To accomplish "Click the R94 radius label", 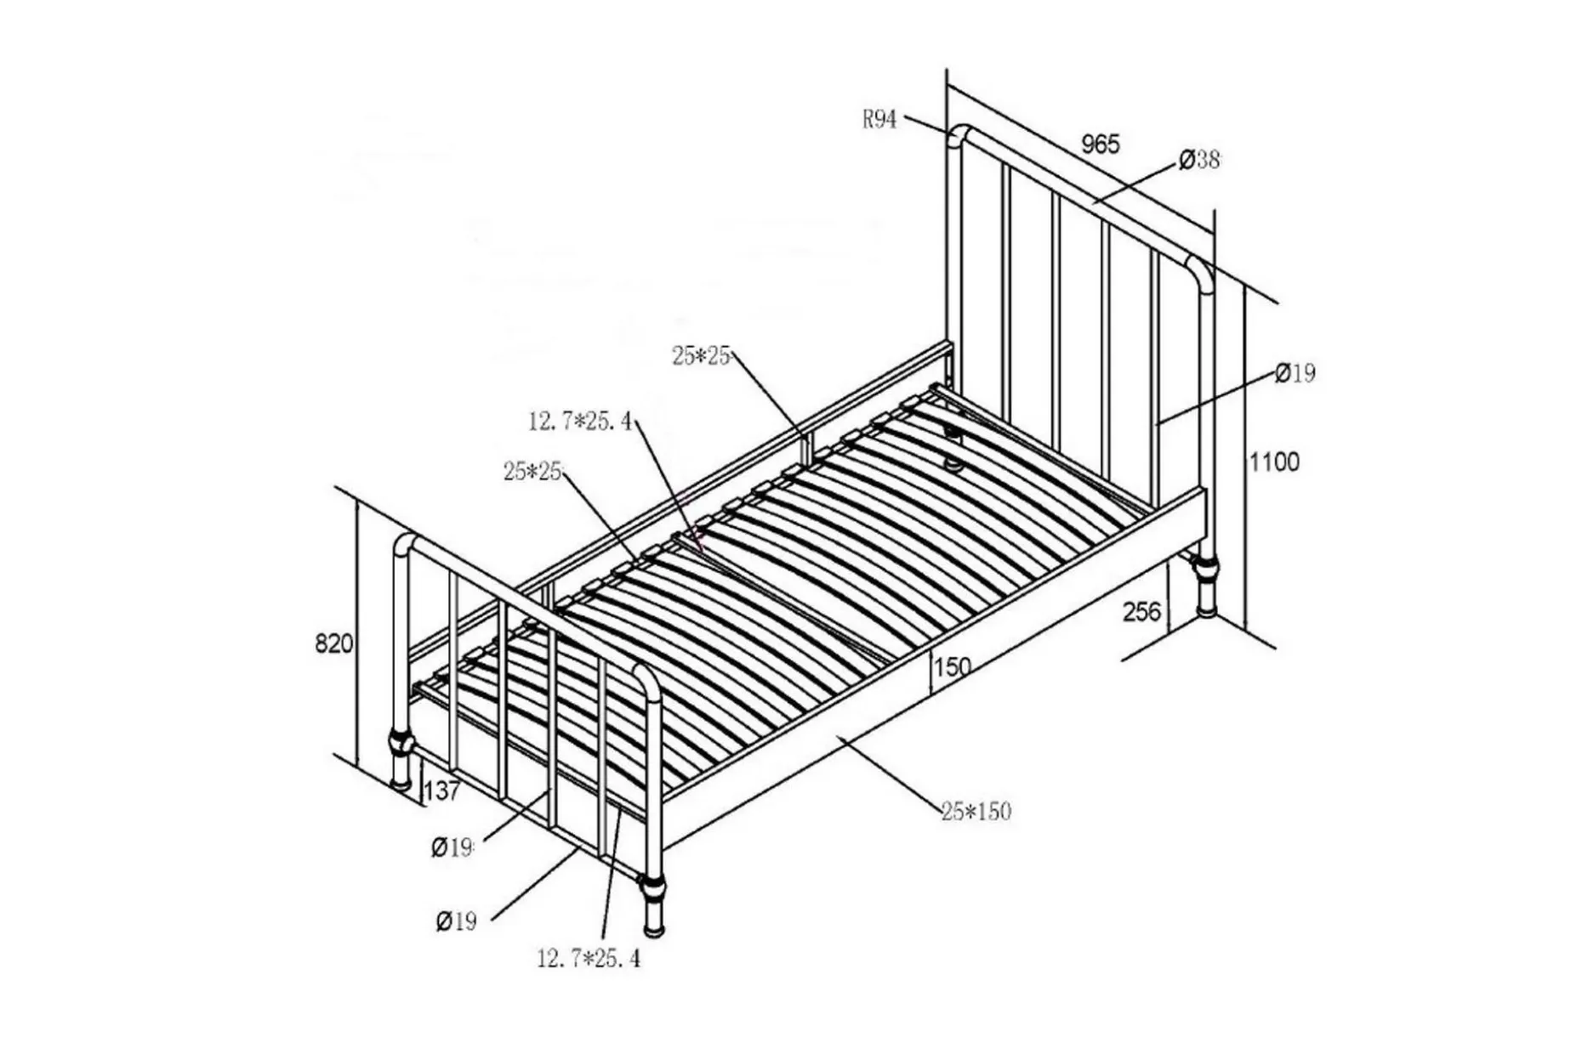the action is tap(879, 120).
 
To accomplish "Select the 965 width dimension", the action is tap(1101, 144).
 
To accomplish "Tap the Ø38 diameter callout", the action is tap(1199, 159).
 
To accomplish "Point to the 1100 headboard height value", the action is tap(1274, 462).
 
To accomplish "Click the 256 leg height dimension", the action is tap(1141, 611).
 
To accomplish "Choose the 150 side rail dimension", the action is tap(952, 667).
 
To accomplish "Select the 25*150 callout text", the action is tap(976, 812).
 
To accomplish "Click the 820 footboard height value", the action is tap(333, 643).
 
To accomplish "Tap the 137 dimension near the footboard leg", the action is tap(441, 791).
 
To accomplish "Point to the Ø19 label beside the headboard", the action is tap(1295, 373).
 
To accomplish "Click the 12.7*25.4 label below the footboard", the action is tap(589, 959).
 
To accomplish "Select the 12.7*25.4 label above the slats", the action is tap(580, 421).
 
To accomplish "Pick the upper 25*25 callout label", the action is tap(701, 356).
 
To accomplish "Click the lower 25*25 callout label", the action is tap(532, 471).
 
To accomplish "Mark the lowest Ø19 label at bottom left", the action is tap(457, 921).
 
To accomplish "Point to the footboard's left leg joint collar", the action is tap(401, 745).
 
